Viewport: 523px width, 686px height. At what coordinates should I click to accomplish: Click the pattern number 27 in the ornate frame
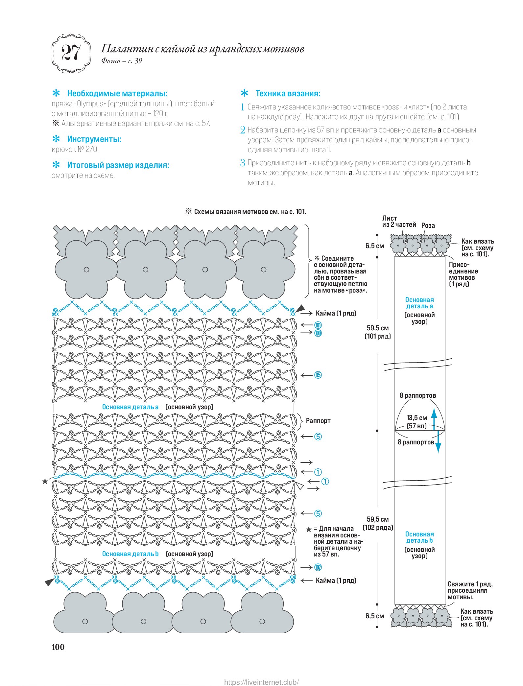click(71, 53)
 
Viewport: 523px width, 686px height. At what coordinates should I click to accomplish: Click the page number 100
click(58, 647)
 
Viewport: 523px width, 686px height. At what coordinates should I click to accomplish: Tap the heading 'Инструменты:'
click(94, 139)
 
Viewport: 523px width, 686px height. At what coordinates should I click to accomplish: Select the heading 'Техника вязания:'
click(288, 93)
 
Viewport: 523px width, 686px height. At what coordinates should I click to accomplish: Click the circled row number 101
click(318, 325)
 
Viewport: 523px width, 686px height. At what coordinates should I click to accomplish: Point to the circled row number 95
click(318, 375)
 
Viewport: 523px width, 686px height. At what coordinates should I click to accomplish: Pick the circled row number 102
click(318, 567)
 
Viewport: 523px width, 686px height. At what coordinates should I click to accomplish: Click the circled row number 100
click(318, 333)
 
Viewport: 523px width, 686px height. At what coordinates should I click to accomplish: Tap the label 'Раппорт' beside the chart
click(318, 421)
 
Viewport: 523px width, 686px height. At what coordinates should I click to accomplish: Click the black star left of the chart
click(45, 482)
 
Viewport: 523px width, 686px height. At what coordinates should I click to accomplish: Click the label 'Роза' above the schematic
click(428, 225)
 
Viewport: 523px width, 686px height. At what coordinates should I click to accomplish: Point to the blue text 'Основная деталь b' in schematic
click(419, 537)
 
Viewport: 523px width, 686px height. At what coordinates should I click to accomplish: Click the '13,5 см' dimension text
click(417, 418)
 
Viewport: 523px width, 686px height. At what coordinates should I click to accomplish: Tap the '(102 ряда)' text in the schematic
click(378, 528)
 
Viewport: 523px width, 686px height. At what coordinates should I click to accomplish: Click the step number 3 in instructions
click(243, 163)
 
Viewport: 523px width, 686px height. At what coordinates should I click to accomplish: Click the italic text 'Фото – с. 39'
click(122, 61)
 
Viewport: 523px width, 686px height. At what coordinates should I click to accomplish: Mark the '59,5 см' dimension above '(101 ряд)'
click(378, 328)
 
